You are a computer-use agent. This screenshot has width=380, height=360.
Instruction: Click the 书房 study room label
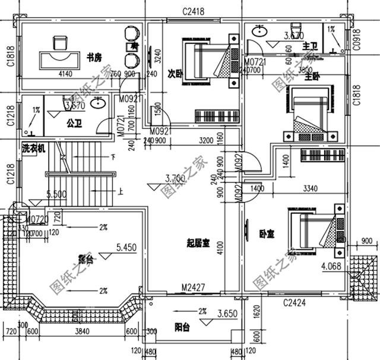click(x=94, y=57)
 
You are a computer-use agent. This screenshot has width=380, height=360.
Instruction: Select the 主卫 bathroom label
click(x=309, y=46)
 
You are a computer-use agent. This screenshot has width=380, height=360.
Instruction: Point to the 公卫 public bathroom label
click(x=74, y=124)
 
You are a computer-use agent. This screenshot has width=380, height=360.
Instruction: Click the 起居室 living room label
click(x=198, y=242)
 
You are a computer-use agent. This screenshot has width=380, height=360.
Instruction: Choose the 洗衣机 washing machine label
click(x=33, y=149)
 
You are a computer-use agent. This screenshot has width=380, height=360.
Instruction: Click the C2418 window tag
click(x=194, y=11)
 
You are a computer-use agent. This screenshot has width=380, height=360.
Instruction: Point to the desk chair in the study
click(x=60, y=42)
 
